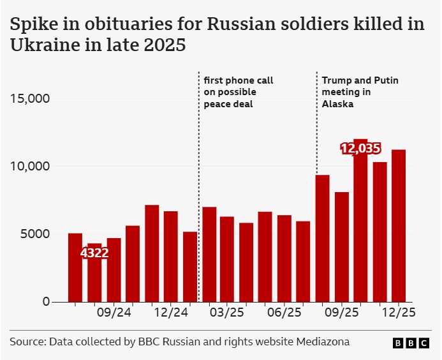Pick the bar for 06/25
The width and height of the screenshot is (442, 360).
284,259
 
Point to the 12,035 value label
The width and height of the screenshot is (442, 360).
360,149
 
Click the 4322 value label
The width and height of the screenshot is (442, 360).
94,253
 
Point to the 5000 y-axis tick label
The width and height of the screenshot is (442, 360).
34,234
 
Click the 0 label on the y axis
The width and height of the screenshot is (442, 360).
46,301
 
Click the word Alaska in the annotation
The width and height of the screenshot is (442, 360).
337,104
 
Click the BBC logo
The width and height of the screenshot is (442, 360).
411,343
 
